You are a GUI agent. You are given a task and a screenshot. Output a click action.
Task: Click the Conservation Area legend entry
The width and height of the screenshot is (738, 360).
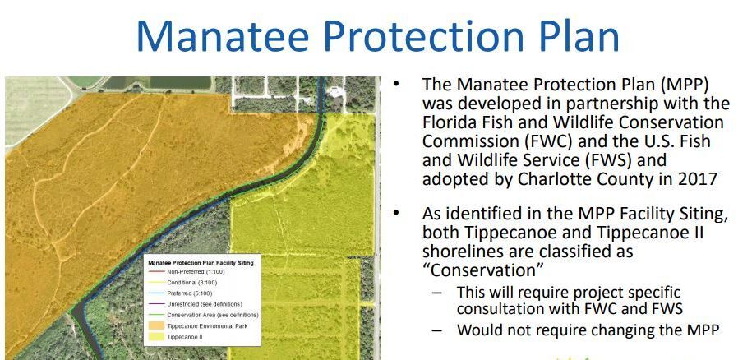pos(213,315)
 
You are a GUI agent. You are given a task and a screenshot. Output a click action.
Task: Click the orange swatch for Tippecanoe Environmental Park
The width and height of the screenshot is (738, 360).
pos(155,326)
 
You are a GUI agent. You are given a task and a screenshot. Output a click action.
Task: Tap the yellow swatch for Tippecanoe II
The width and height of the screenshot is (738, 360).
pos(155,337)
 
